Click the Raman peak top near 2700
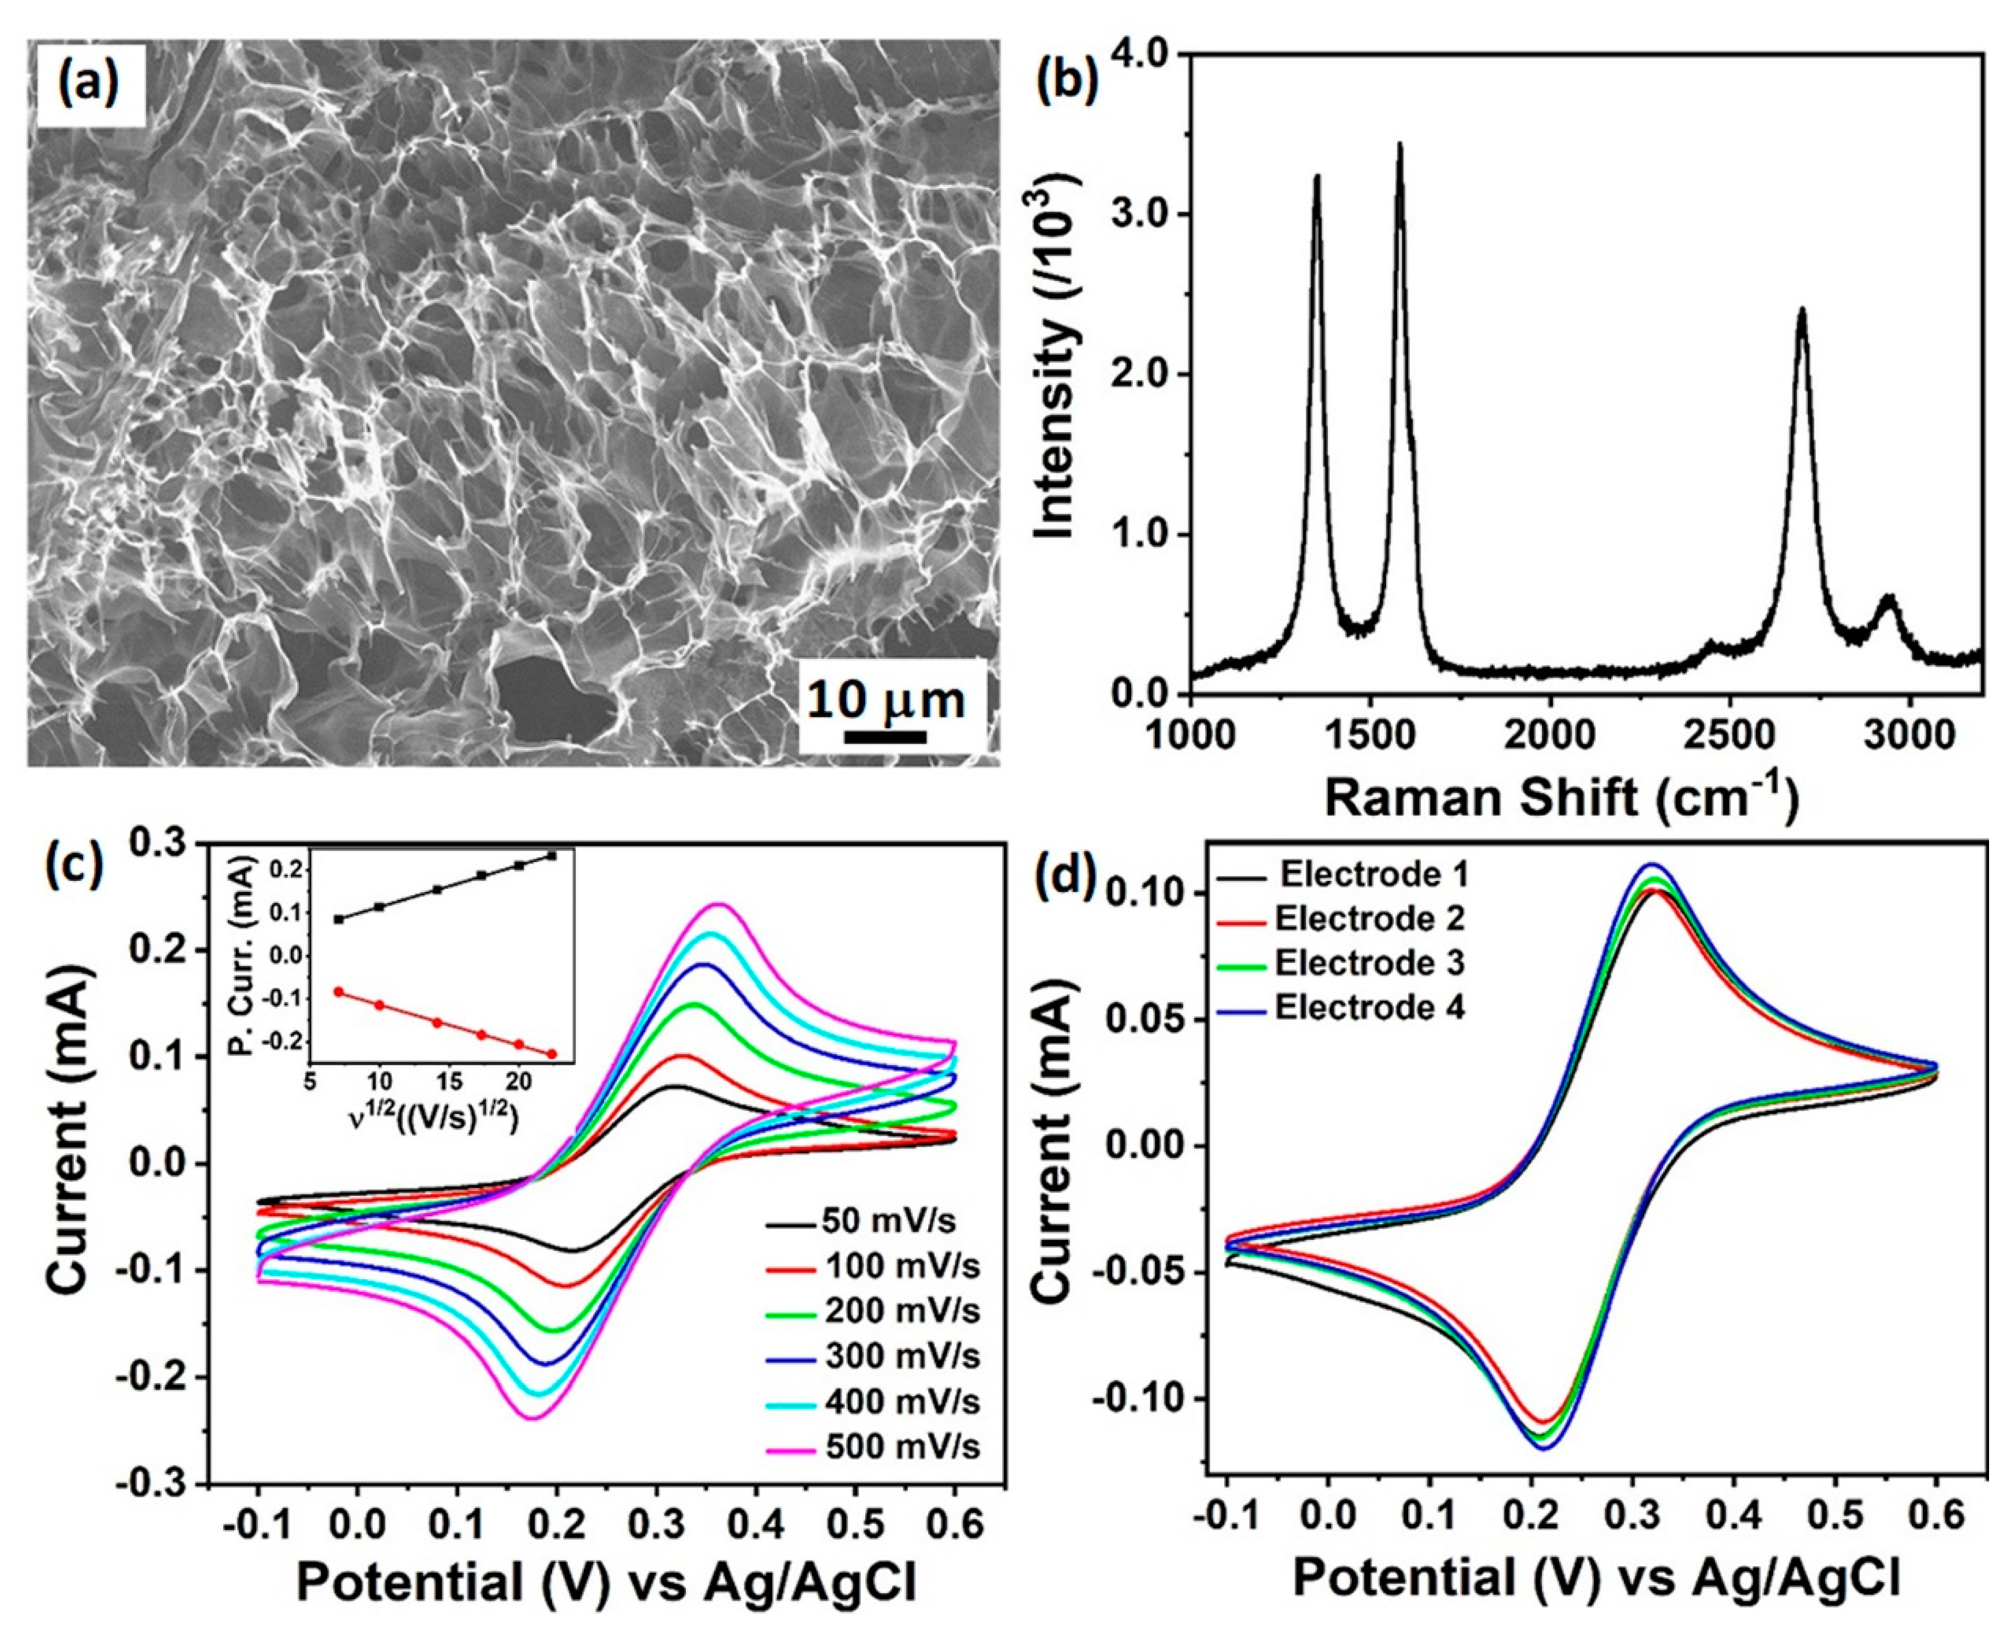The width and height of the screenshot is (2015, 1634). tap(1802, 310)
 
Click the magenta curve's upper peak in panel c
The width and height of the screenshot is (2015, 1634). tap(720, 905)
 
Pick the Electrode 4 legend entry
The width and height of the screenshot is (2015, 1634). tap(1369, 1008)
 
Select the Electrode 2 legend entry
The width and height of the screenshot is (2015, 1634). tap(1369, 918)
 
